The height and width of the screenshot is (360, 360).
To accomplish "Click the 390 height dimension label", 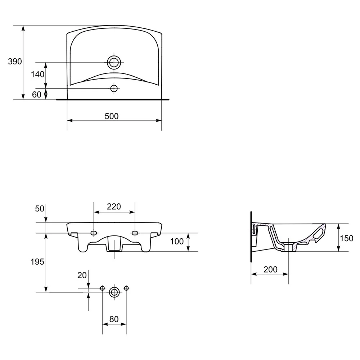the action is pos(15,62).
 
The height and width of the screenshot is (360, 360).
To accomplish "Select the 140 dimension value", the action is pos(38,75).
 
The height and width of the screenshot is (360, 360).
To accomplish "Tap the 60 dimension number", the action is pos(37,95).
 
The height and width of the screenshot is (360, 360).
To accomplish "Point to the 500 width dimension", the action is pos(112,116).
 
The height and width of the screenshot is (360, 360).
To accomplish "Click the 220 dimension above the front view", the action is pos(114,207).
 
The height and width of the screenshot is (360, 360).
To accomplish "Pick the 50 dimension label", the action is pos(40,209).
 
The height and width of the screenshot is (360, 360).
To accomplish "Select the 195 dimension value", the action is pos(37,262).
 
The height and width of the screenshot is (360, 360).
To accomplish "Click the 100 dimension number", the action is pos(177,242).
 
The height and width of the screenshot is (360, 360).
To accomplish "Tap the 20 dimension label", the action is pos(82,275).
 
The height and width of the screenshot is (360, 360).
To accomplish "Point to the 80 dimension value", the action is pos(114,319).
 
